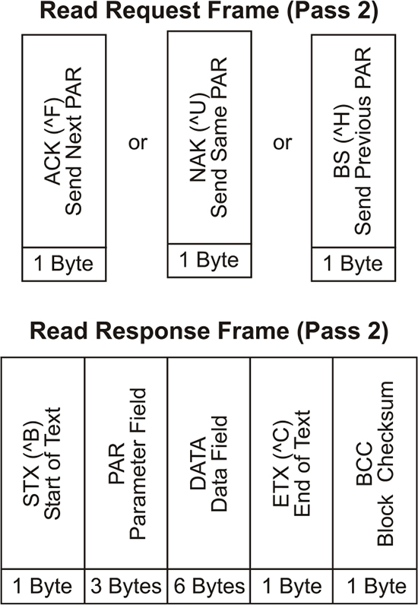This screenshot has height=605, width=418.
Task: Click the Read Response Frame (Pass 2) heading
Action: point(209,331)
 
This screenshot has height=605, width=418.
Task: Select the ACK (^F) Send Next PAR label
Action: point(63,141)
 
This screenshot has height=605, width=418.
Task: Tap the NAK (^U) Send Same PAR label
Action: point(208,138)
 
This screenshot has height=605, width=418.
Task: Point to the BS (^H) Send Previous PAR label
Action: point(353,141)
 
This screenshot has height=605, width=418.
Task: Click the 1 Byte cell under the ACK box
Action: point(64,264)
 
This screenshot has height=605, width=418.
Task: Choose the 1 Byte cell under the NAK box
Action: point(209,261)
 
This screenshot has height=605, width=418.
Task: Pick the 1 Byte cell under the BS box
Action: point(353,264)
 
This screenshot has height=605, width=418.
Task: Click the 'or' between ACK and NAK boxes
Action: point(138,142)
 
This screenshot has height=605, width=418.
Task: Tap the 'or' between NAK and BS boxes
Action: point(282,142)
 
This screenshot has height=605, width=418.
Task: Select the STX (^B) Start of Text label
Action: point(42,463)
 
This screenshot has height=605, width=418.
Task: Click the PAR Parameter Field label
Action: point(127,464)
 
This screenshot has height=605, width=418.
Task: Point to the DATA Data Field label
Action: point(208,464)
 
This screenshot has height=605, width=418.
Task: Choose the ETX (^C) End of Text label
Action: point(291,463)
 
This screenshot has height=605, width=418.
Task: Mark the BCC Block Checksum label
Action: point(375,464)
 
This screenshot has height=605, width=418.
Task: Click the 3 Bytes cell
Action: point(126,587)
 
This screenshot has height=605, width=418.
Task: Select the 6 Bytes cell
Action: point(209,587)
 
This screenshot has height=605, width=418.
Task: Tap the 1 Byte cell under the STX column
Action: point(43,587)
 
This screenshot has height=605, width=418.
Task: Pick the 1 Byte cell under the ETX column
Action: point(292,587)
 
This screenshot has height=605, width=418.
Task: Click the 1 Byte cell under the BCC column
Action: point(375,587)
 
